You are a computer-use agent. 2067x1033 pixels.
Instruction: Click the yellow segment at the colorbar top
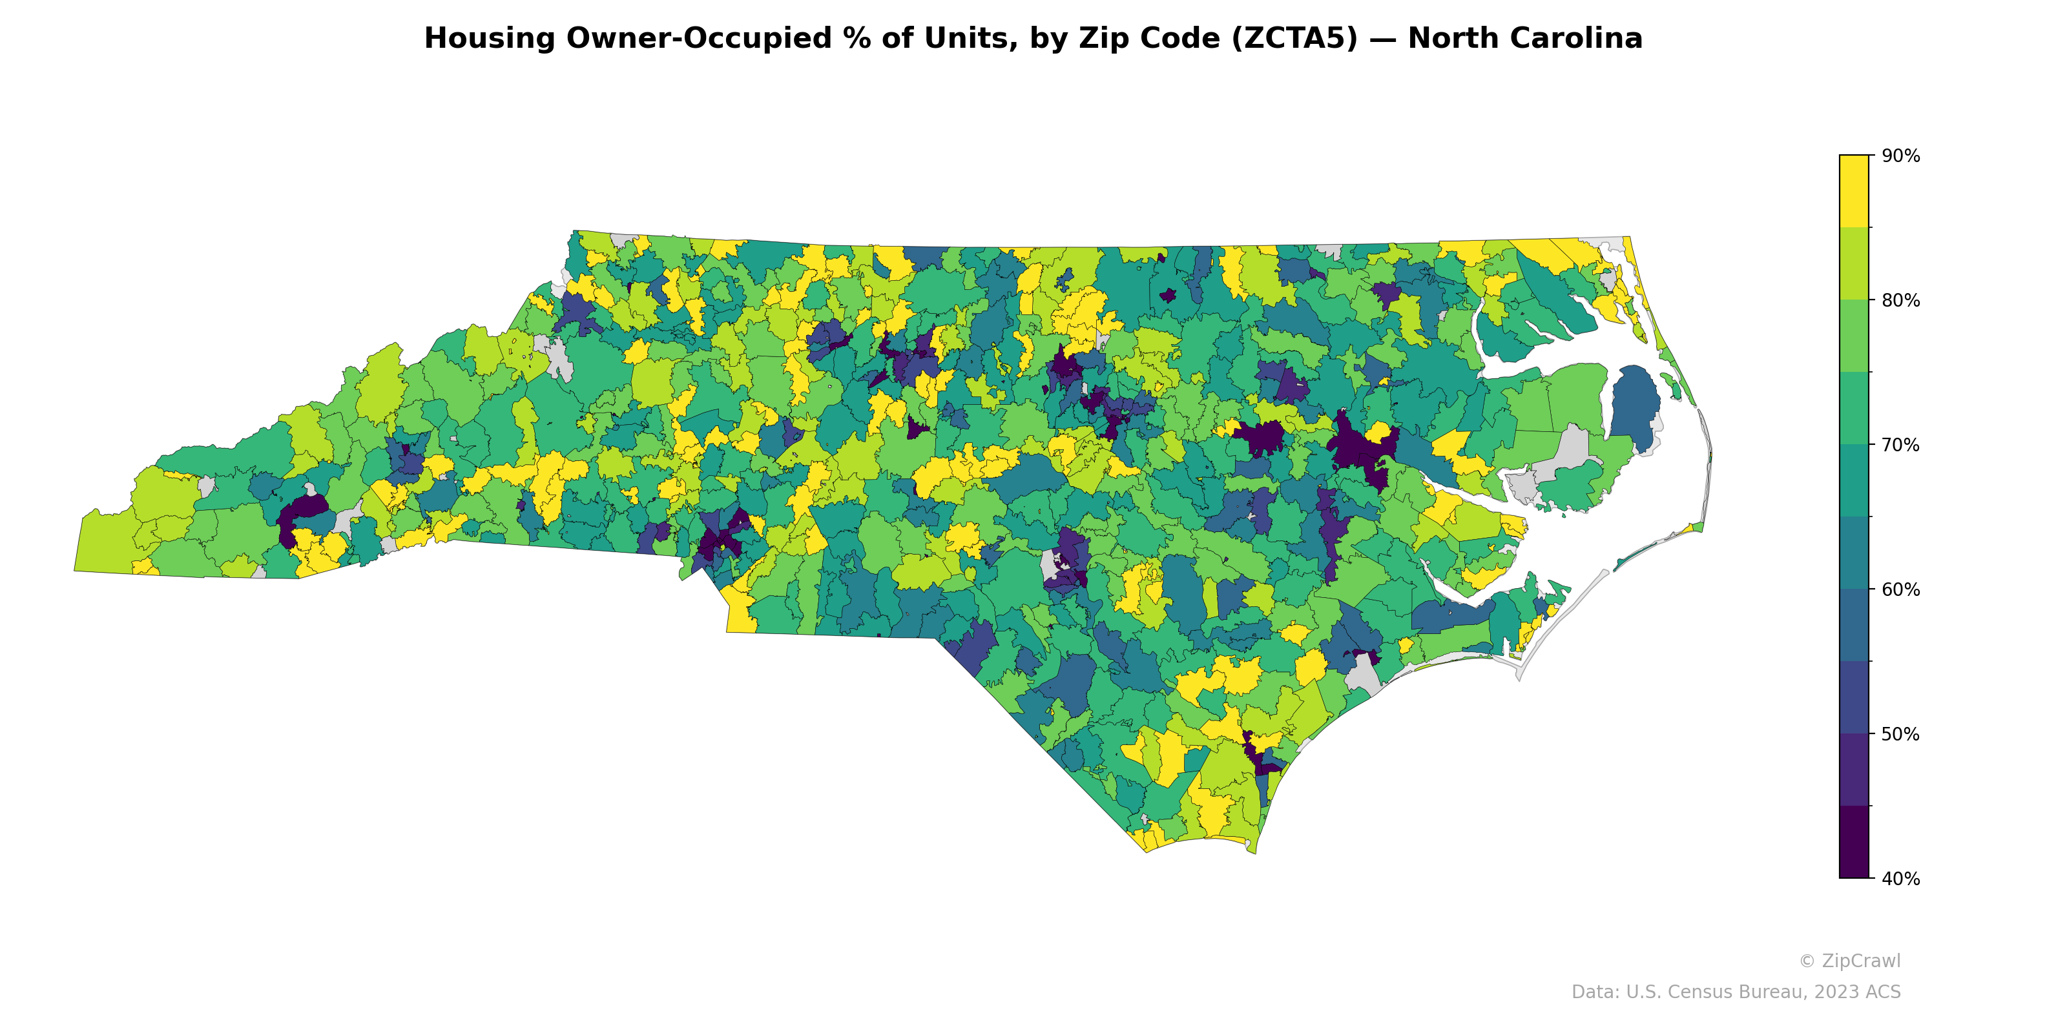tap(1854, 190)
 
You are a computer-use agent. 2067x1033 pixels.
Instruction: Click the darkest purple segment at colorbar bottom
tap(1854, 842)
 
